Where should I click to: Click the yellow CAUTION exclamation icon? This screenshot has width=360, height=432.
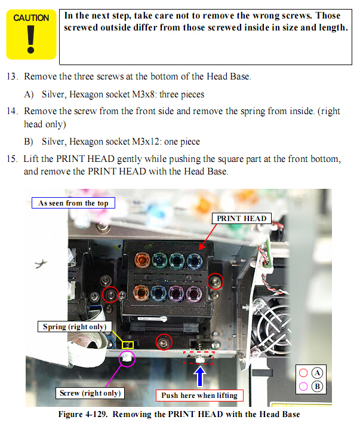tap(31, 35)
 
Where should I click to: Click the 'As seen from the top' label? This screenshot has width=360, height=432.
tap(73, 203)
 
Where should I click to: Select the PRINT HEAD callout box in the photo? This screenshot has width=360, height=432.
tap(241, 219)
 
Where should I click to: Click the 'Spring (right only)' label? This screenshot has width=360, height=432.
tap(74, 327)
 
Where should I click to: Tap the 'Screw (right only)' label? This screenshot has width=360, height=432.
tap(90, 393)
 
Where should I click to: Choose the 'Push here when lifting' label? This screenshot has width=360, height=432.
tap(199, 395)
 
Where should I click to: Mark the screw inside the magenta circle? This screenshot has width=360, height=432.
tap(128, 359)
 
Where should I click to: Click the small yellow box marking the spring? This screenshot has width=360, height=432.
tap(127, 345)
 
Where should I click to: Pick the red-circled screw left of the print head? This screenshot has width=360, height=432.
tap(110, 294)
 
